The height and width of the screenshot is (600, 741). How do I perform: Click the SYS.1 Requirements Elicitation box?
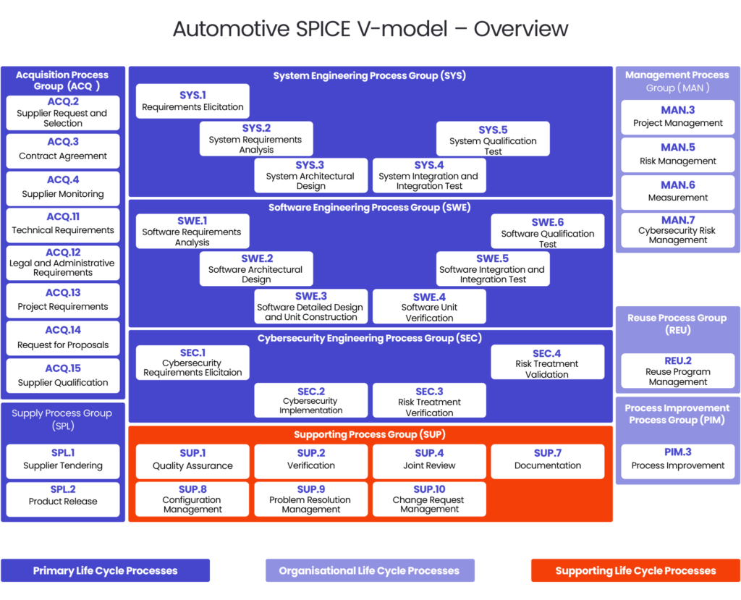click(x=192, y=101)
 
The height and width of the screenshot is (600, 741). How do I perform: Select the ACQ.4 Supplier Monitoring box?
click(x=63, y=187)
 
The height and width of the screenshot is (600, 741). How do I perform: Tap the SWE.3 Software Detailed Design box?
click(x=310, y=307)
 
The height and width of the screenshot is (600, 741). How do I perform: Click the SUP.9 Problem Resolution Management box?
click(x=310, y=499)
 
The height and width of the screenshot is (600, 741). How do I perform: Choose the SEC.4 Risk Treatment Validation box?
click(x=547, y=363)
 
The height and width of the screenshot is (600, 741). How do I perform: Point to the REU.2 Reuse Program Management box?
click(x=677, y=371)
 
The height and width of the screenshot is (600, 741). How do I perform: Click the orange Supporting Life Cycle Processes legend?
click(x=635, y=570)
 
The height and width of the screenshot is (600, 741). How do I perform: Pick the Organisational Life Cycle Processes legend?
click(x=369, y=570)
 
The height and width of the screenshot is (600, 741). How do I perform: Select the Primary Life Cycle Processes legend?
click(x=105, y=570)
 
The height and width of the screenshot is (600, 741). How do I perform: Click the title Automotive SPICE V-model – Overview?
click(x=370, y=29)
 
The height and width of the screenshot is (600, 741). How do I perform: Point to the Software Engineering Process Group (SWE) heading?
click(x=369, y=208)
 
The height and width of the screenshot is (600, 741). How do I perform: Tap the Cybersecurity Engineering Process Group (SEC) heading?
click(x=369, y=338)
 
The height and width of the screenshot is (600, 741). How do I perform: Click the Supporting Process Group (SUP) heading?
click(x=369, y=435)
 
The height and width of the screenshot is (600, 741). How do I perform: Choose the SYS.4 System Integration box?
click(x=429, y=176)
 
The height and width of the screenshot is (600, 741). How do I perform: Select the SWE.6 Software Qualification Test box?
click(x=547, y=232)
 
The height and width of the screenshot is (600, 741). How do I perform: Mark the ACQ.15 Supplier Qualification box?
click(x=63, y=376)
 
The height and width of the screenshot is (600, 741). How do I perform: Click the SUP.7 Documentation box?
click(x=547, y=460)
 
